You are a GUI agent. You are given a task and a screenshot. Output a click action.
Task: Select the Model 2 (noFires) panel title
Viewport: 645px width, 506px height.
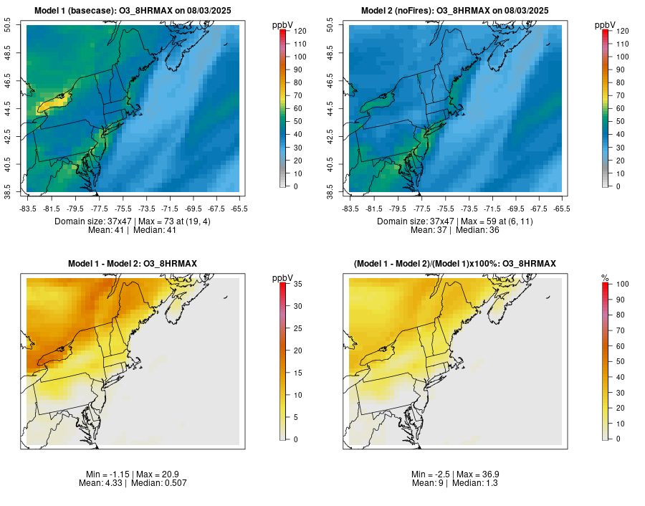coord(455,10)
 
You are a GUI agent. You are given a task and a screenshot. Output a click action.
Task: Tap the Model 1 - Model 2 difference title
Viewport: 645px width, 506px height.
coord(133,264)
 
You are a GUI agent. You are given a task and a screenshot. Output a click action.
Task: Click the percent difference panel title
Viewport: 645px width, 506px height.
coord(455,264)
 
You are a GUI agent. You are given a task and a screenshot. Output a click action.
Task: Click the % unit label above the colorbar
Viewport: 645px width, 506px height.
coord(605,278)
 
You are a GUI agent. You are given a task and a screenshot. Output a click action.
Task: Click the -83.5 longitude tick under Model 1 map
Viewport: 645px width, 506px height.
coord(27,209)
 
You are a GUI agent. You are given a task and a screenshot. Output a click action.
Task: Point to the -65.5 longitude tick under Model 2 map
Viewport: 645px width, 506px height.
coord(562,209)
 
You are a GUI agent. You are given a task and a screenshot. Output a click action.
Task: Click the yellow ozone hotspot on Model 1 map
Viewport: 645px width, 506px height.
coord(52,106)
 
